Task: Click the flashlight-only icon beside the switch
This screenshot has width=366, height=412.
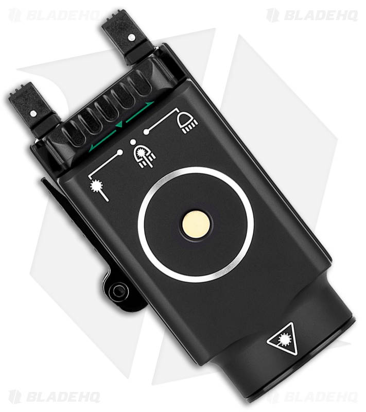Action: (187, 122)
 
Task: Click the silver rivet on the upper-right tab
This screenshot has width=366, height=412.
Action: (131, 37)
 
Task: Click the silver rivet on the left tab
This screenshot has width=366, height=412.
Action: (32, 113)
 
